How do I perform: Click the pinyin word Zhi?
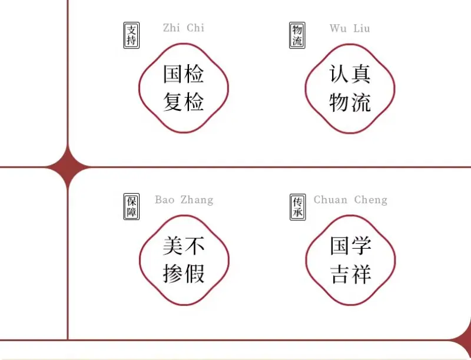tap(171, 28)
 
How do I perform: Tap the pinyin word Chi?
tap(195, 28)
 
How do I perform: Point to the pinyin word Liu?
tap(361, 28)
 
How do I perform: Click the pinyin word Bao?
tap(165, 200)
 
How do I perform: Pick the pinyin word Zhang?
tap(197, 200)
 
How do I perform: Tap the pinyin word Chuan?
tap(331, 200)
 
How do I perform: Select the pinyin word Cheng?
tap(371, 200)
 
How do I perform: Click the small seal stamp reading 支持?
tap(131, 35)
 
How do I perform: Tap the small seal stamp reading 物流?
tap(297, 35)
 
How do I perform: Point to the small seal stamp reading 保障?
tap(131, 206)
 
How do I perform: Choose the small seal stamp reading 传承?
tap(298, 207)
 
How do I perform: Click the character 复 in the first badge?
tap(173, 101)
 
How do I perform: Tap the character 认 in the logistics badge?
tap(339, 73)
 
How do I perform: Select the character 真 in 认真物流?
tap(360, 73)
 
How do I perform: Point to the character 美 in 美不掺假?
tap(173, 246)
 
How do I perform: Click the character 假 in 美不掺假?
tap(194, 273)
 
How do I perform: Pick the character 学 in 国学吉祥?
tap(361, 246)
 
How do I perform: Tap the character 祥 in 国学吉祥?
tap(361, 274)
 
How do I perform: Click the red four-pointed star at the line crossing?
tap(68, 167)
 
